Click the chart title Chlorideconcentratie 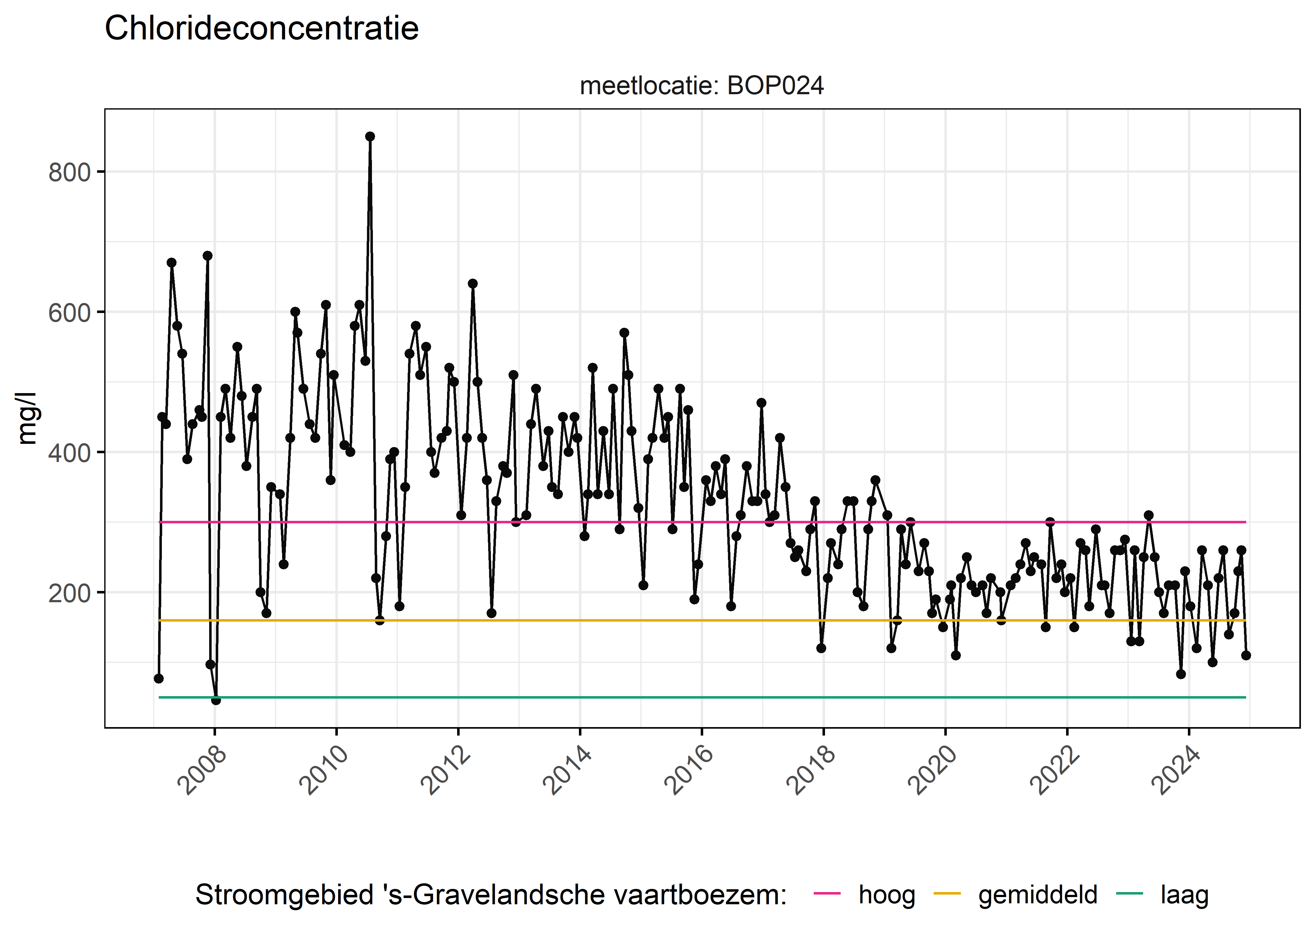point(261,28)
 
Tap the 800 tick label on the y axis point(70,172)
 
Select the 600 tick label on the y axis point(70,313)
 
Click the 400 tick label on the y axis point(70,453)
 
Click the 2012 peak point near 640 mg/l point(472,283)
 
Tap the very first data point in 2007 point(158,678)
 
